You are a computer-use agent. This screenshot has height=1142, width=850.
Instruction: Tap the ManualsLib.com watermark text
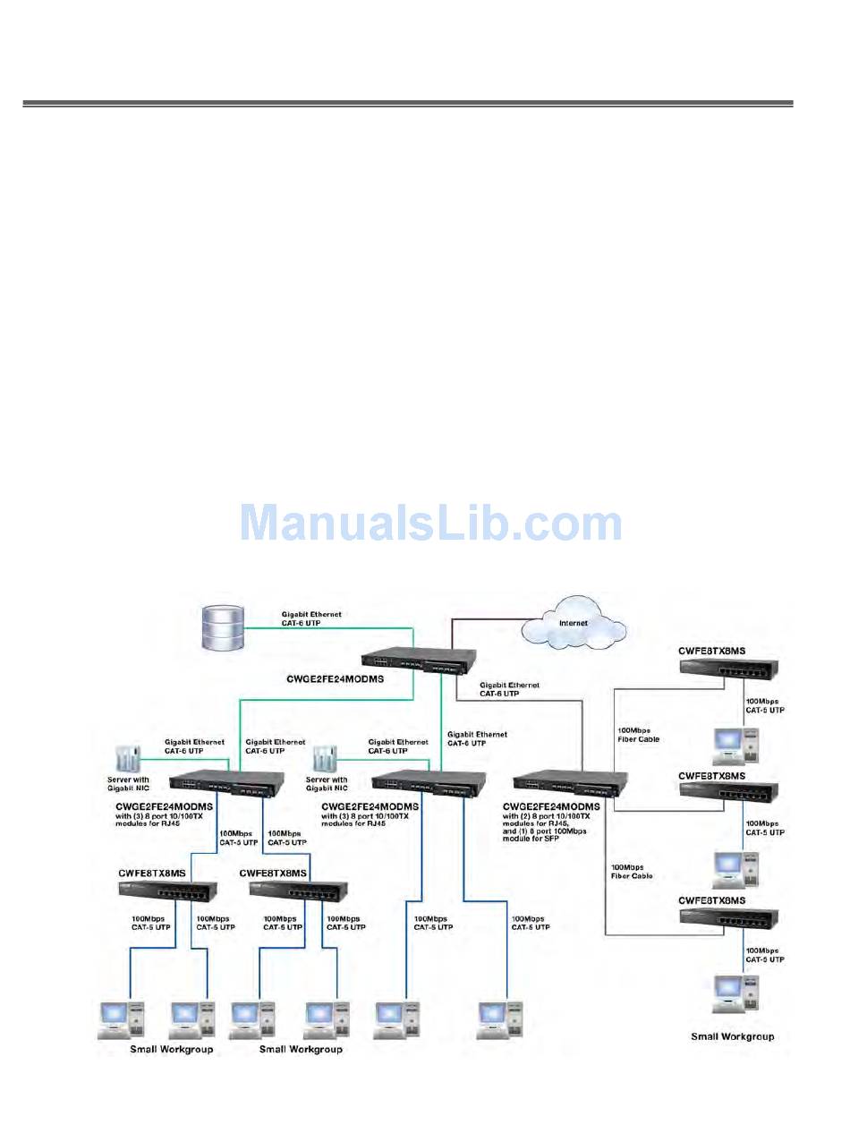[x=430, y=524]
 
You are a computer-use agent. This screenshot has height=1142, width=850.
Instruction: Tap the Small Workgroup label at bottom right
[x=732, y=1036]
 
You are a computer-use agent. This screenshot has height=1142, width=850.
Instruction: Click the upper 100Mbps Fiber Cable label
[x=638, y=735]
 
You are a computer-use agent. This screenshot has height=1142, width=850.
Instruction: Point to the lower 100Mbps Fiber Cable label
[x=632, y=872]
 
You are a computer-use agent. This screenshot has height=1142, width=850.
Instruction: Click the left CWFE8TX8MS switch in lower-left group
[x=167, y=890]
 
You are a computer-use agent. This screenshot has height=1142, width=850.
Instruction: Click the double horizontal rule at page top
[x=408, y=105]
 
